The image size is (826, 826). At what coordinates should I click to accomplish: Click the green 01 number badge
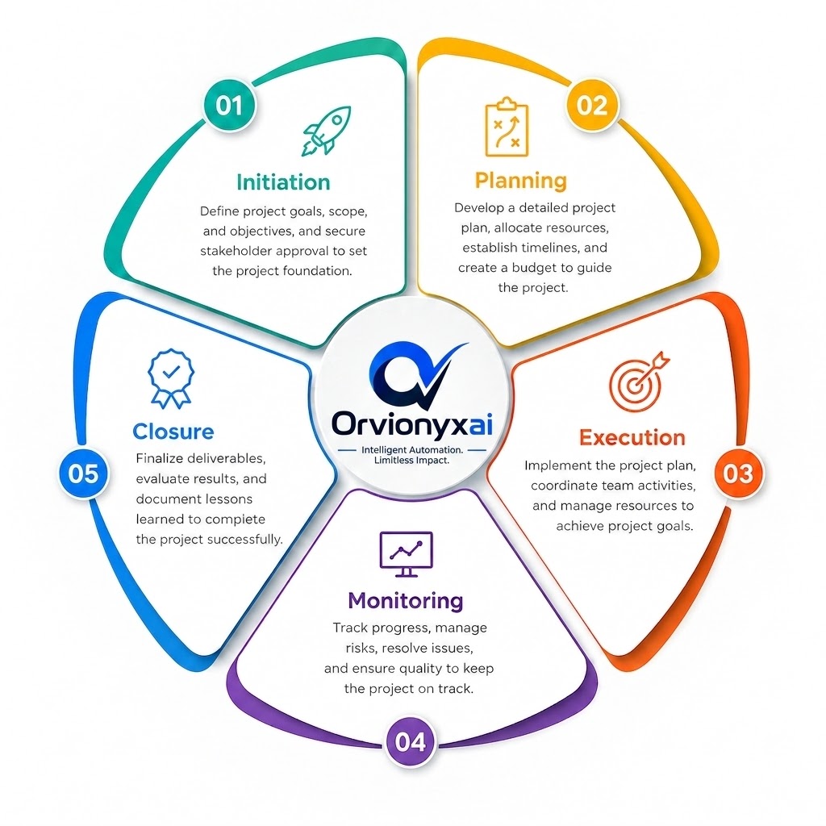pos(229,105)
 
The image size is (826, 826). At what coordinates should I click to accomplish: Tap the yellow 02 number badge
pos(592,105)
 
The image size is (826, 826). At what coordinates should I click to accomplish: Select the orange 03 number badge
pos(738,473)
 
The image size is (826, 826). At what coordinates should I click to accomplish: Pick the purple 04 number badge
pos(411,741)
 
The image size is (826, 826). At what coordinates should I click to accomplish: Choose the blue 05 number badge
pos(83,473)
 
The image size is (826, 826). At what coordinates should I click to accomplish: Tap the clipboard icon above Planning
pos(507,127)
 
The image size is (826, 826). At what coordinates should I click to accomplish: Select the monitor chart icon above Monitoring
pos(407,554)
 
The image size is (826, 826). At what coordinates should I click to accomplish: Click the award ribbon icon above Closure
pos(171,378)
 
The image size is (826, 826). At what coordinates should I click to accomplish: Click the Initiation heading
pos(283,182)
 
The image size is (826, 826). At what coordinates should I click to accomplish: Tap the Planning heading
pos(520,181)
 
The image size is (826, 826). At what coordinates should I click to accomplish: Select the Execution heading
pos(632,438)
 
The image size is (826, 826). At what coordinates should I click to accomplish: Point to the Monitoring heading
pos(406,600)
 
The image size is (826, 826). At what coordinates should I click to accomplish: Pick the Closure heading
pos(173,432)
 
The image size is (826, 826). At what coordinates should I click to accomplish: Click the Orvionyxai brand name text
pos(412,423)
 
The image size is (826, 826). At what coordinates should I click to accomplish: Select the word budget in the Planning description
pos(535,268)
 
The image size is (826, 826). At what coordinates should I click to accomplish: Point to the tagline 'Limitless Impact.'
pos(411,461)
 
